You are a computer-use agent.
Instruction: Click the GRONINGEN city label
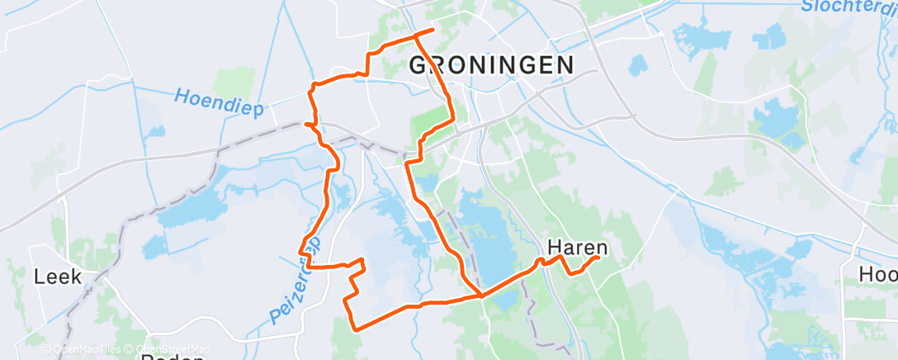(492, 64)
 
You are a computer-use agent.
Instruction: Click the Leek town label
(58, 277)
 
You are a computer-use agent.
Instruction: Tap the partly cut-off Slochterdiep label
(849, 7)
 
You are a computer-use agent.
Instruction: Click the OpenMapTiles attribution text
(83, 349)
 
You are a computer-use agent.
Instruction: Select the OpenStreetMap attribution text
(169, 349)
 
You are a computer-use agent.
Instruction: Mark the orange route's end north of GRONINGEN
(432, 31)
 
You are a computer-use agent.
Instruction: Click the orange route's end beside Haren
(597, 258)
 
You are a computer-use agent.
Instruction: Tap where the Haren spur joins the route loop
(480, 294)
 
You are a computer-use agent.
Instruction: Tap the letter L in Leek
(40, 277)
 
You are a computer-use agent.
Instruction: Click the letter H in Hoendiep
(182, 97)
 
